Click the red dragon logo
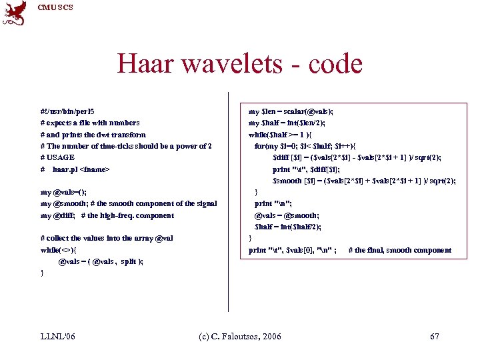15,13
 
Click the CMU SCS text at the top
55,7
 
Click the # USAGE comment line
57,157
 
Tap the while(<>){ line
59,250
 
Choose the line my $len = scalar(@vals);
291,111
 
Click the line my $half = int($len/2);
286,123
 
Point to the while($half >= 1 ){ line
284,135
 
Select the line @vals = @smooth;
287,215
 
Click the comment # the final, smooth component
400,250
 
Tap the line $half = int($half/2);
288,227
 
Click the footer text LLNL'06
58,336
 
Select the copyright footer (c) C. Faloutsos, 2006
240,336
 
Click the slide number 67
435,336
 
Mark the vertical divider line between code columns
229,200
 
